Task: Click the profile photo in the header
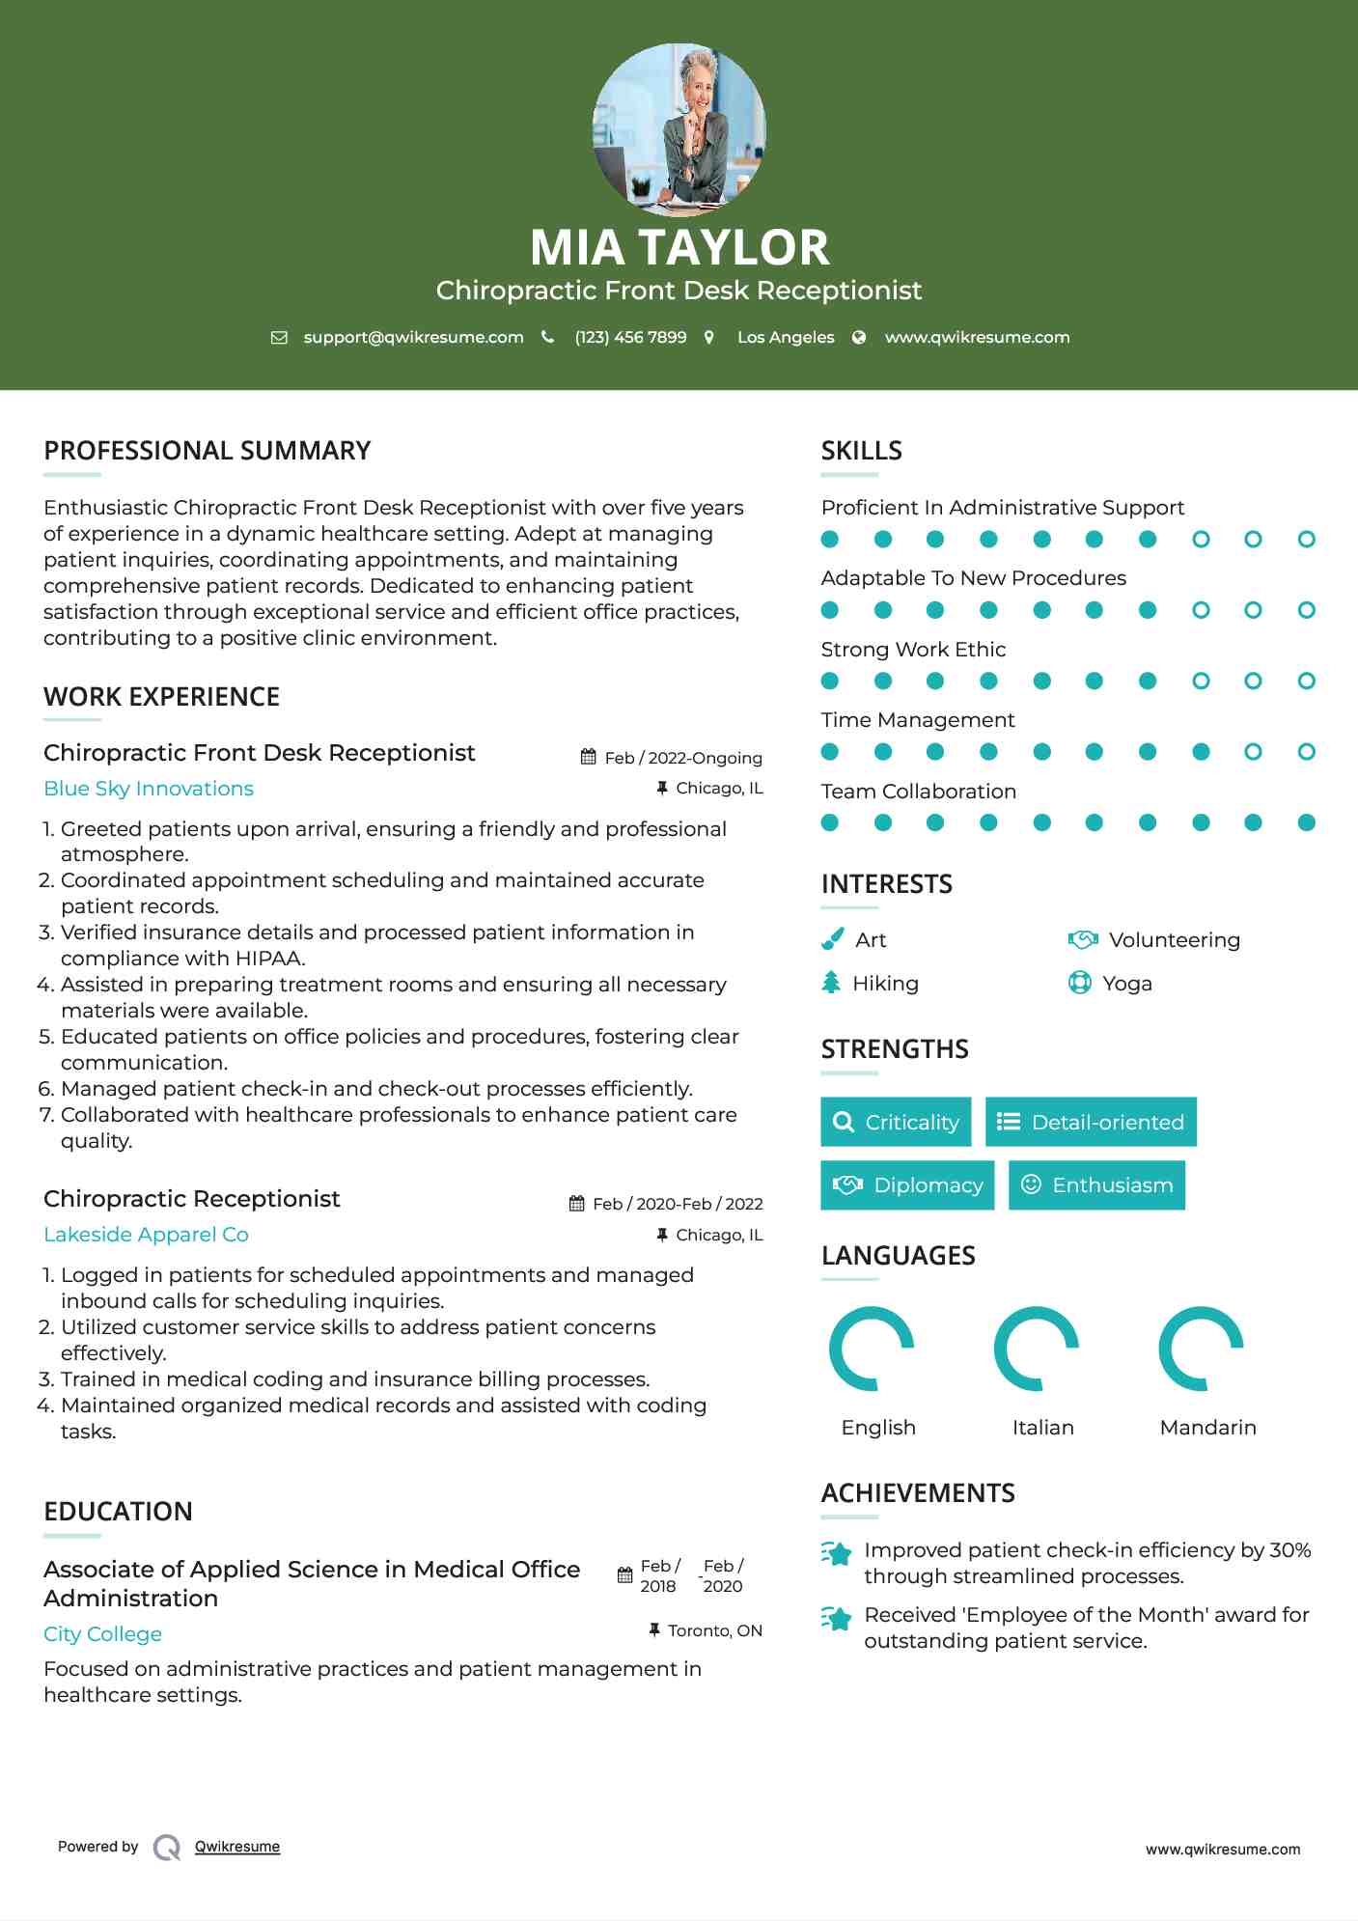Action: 679,129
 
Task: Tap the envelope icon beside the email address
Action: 279,338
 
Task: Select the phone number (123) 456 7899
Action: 630,338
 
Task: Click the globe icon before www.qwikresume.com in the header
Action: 859,338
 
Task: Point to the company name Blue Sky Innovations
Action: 149,789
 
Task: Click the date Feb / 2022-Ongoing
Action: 682,758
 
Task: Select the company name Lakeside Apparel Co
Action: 146,1235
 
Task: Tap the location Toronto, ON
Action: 714,1630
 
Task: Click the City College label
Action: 102,1634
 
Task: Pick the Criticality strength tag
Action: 896,1122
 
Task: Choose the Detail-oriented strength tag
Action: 1091,1122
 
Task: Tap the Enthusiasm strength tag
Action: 1096,1184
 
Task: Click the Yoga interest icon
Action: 1079,983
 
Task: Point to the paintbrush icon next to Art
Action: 832,939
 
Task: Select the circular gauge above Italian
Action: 1036,1349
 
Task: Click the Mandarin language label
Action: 1207,1428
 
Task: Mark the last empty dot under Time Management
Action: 1306,752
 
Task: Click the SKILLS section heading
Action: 861,451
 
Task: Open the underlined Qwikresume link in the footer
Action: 237,1847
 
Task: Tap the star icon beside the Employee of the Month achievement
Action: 837,1619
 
